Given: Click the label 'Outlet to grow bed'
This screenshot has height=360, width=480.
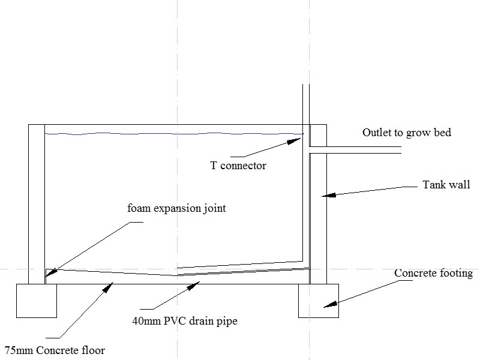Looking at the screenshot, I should [x=406, y=133].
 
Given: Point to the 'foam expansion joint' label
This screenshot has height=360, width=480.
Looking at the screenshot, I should [x=176, y=209].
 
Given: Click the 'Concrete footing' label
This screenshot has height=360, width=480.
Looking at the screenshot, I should [x=433, y=274].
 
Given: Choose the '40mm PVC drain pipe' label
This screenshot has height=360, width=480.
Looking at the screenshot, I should [x=185, y=321].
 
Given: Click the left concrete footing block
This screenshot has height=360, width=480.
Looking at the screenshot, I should [x=36, y=300].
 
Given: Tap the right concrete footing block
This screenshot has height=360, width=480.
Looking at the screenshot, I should [x=318, y=300].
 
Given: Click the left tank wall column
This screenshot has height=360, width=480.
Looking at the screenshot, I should [x=37, y=204].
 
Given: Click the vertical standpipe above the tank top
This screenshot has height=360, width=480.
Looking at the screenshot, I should [x=305, y=105].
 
